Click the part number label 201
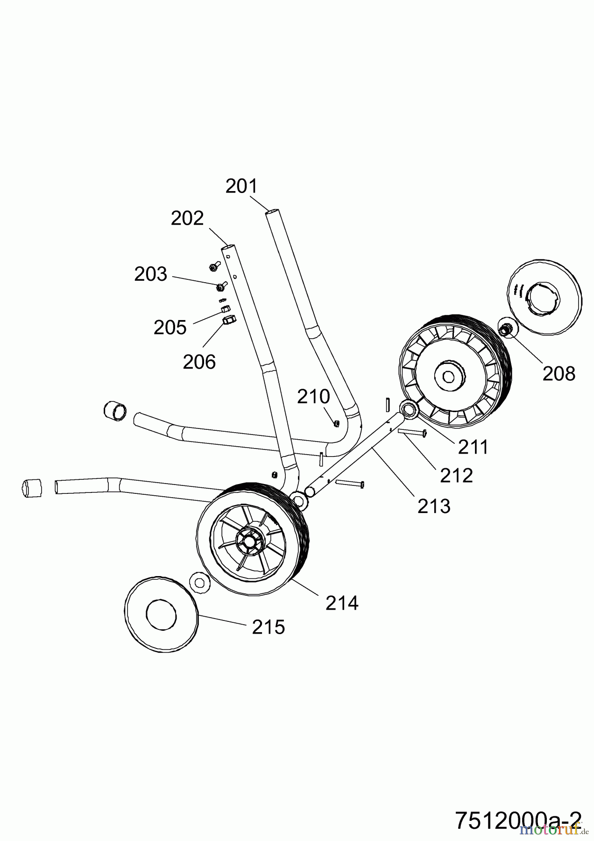pyautogui.click(x=241, y=186)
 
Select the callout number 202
pyautogui.click(x=187, y=218)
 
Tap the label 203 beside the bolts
pyautogui.click(x=150, y=274)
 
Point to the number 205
pyautogui.click(x=170, y=328)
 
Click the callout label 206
pyautogui.click(x=199, y=362)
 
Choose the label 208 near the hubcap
pyautogui.click(x=559, y=373)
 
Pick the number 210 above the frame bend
pyautogui.click(x=313, y=397)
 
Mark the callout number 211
pyautogui.click(x=473, y=447)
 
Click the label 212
pyautogui.click(x=456, y=475)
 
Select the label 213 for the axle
pyautogui.click(x=434, y=506)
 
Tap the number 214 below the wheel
pyautogui.click(x=342, y=603)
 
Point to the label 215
pyautogui.click(x=268, y=627)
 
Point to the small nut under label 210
pyautogui.click(x=336, y=423)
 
